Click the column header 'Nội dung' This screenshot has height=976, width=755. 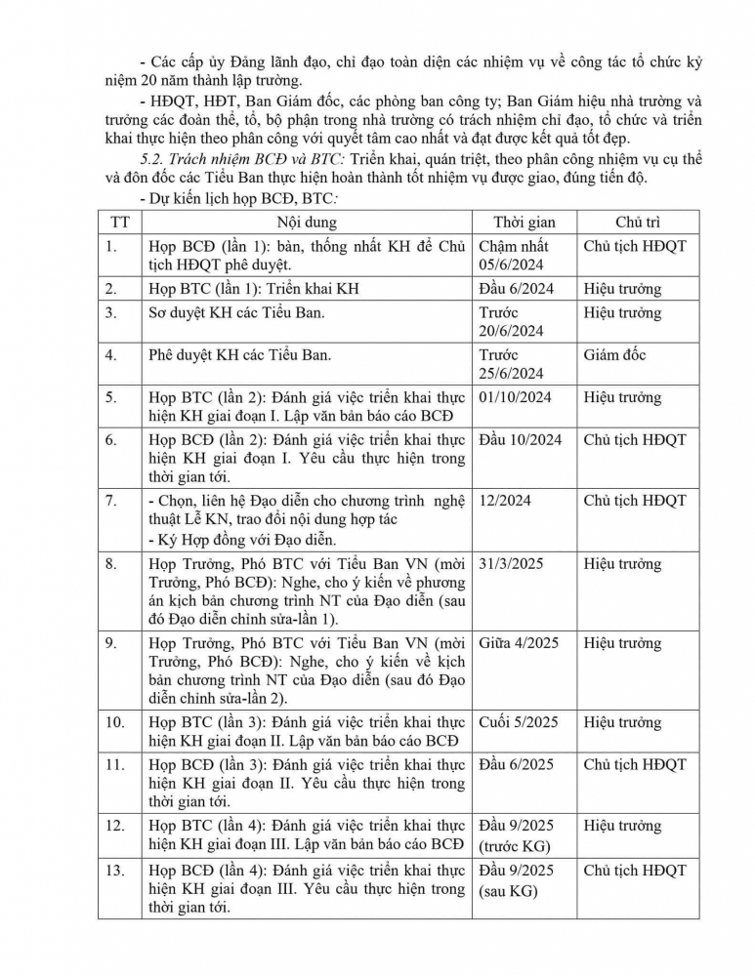(x=304, y=222)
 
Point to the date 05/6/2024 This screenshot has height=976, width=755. (x=512, y=264)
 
